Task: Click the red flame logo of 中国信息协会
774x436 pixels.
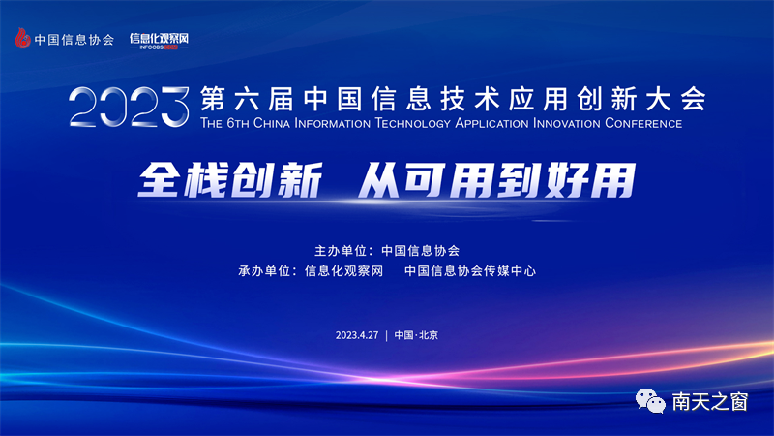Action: coord(22,38)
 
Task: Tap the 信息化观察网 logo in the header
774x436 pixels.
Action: coord(159,41)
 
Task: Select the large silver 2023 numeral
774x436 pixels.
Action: coord(130,107)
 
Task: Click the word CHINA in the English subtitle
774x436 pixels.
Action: coord(271,123)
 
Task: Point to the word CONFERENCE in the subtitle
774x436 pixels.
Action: coord(643,123)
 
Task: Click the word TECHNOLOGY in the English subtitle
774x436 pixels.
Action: coord(413,123)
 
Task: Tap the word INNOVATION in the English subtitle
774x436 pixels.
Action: coord(566,123)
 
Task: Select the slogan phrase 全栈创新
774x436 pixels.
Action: coord(230,180)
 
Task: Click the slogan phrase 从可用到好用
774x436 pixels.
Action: coord(496,180)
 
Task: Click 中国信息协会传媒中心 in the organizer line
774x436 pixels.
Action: coord(470,271)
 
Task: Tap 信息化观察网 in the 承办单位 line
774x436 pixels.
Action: coord(343,271)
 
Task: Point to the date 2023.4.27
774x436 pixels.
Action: coord(357,335)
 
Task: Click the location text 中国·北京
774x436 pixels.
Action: coord(416,335)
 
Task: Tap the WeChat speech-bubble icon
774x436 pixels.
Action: coord(650,401)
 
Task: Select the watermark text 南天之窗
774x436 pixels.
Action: coord(710,401)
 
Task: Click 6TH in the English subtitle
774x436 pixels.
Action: coord(238,123)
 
